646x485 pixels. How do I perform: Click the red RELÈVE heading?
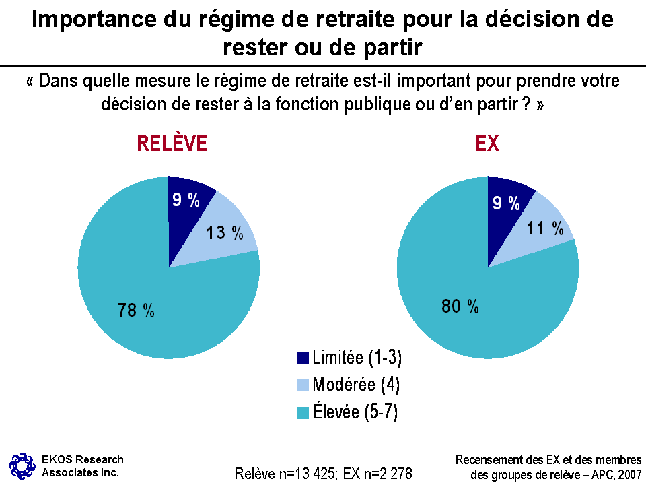[x=172, y=144]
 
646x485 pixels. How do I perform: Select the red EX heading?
[x=487, y=144]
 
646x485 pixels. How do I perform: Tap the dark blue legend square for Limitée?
[x=302, y=358]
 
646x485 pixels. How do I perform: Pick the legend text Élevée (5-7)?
[x=355, y=412]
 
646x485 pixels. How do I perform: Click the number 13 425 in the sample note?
[x=311, y=474]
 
